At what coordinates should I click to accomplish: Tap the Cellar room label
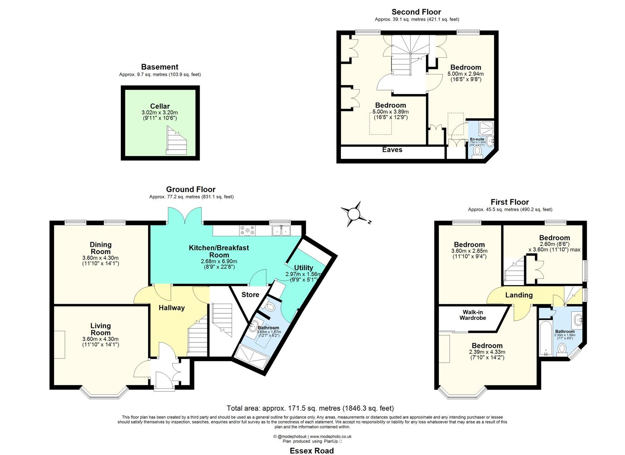pos(160,106)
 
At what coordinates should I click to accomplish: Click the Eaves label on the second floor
pos(392,150)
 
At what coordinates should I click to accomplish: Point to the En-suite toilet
pos(478,151)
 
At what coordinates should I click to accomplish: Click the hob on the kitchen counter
pos(247,230)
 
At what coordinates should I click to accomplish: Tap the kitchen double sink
pos(281,230)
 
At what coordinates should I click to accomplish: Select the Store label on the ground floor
pos(250,294)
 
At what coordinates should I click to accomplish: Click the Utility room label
pos(303,268)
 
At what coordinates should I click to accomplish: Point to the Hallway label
pos(171,308)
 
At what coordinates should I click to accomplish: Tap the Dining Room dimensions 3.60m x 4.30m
pos(101,258)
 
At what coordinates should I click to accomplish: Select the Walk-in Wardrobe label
pos(472,315)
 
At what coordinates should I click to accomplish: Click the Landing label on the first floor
pos(519,295)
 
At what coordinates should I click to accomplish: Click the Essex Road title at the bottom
pos(312,451)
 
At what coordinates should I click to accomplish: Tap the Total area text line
pos(310,408)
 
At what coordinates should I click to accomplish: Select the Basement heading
pos(160,67)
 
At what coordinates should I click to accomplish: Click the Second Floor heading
pos(416,12)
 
